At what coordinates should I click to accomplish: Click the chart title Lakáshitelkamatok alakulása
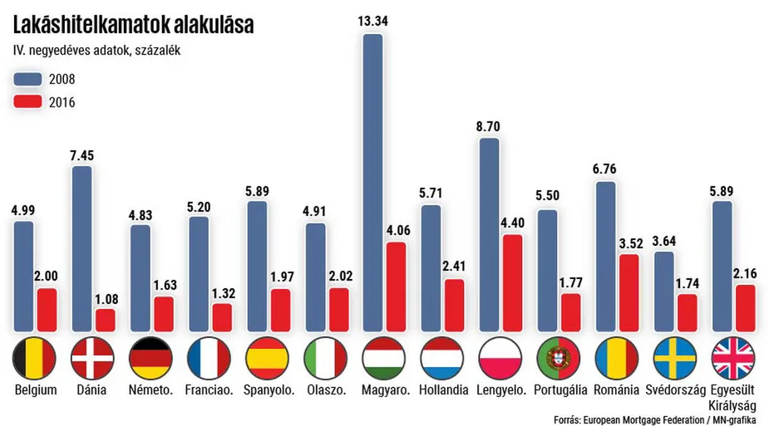(133, 25)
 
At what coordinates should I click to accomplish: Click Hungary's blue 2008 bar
(373, 183)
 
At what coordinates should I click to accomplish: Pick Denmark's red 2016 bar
(106, 321)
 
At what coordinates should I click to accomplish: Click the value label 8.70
(490, 127)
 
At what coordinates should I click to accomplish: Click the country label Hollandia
(443, 389)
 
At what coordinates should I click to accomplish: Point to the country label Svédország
(675, 389)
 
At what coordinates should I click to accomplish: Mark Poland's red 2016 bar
(513, 282)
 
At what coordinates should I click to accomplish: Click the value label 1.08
(106, 298)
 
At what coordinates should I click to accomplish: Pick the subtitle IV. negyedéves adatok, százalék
(97, 51)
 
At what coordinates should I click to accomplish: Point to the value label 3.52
(629, 243)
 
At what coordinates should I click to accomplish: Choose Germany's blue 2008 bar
(140, 277)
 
